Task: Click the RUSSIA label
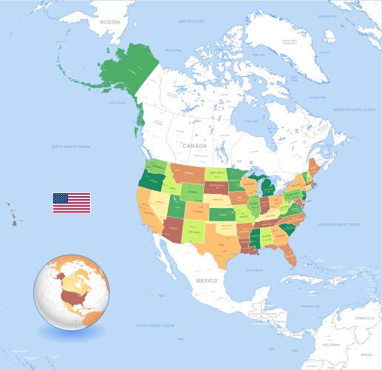pyautogui.click(x=110, y=21)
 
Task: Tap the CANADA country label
pyautogui.click(x=194, y=146)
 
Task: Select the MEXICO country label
pyautogui.click(x=206, y=281)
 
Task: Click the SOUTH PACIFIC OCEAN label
pyautogui.click(x=155, y=326)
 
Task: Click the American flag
pyautogui.click(x=71, y=203)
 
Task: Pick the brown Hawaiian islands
pyautogui.click(x=13, y=216)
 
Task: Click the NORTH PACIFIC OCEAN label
pyautogui.click(x=70, y=147)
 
